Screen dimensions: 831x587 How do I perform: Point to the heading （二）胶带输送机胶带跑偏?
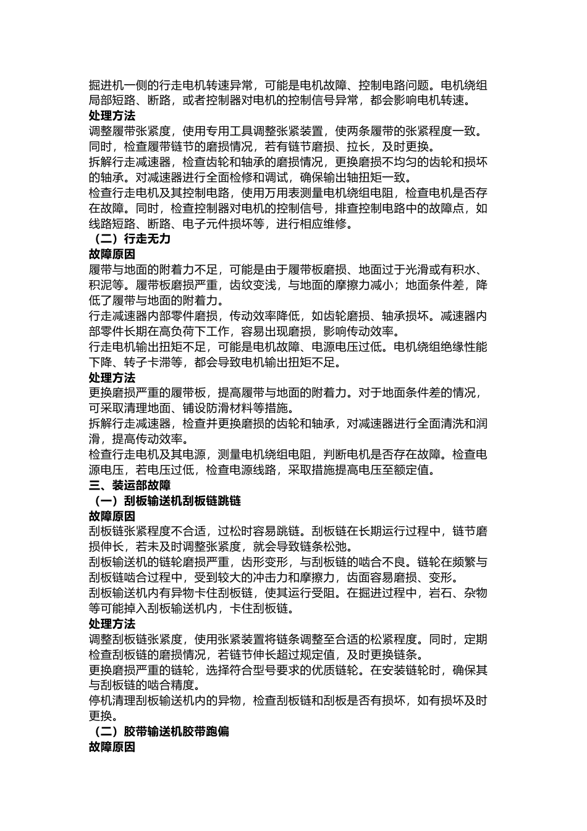tap(159, 731)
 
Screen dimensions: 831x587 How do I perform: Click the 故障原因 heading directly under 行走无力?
tap(112, 254)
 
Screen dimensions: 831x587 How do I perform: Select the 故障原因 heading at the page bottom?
tap(112, 747)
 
